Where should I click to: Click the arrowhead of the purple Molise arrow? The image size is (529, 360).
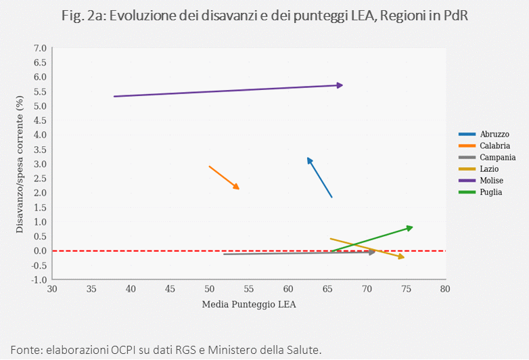tap(340, 85)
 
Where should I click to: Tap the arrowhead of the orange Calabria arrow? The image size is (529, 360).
tap(237, 187)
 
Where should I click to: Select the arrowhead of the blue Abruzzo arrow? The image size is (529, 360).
tap(309, 160)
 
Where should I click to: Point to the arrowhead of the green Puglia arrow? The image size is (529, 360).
tap(409, 227)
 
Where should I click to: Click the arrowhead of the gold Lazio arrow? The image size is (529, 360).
tap(401, 257)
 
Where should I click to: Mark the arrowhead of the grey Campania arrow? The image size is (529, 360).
tap(371, 252)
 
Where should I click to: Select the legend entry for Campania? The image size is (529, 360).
tap(497, 157)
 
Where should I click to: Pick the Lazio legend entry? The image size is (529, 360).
tap(489, 168)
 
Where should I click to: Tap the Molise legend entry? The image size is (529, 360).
tap(490, 180)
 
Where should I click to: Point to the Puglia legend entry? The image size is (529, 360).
tap(490, 192)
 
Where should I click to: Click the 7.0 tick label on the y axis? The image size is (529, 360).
tap(40, 49)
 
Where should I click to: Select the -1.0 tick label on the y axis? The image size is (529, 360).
tap(39, 279)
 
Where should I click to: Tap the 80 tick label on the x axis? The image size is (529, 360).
tap(444, 289)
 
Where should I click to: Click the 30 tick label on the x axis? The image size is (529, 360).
tap(52, 289)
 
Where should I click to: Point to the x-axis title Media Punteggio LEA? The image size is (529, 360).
tap(249, 304)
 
